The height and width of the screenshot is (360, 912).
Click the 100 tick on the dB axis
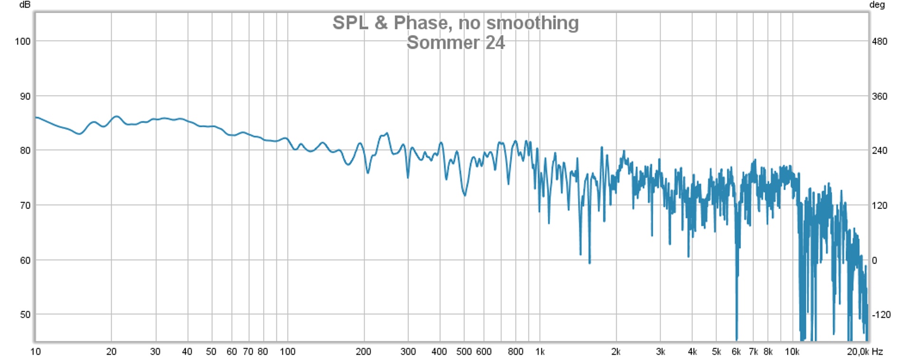click(23, 41)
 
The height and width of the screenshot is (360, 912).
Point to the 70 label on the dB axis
click(25, 206)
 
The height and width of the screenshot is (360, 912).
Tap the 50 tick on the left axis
click(25, 315)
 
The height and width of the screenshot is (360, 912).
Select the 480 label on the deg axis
click(879, 41)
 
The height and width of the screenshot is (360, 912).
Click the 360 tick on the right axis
click(879, 96)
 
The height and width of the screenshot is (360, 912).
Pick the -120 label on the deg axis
click(881, 315)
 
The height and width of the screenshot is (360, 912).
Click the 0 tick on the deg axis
click(874, 260)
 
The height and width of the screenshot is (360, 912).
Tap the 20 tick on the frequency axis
click(111, 352)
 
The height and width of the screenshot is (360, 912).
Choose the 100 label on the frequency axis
click(287, 352)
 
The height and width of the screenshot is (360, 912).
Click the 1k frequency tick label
click(540, 352)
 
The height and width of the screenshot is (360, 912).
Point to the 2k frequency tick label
click(616, 352)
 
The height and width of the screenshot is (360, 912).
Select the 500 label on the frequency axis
click(464, 352)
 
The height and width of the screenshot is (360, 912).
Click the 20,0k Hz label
click(864, 352)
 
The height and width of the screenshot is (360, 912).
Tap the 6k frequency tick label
click(736, 352)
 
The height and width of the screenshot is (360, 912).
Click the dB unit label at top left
click(25, 5)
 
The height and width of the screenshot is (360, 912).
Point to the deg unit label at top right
click(877, 5)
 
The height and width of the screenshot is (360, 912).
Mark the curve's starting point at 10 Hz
click(36, 117)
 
